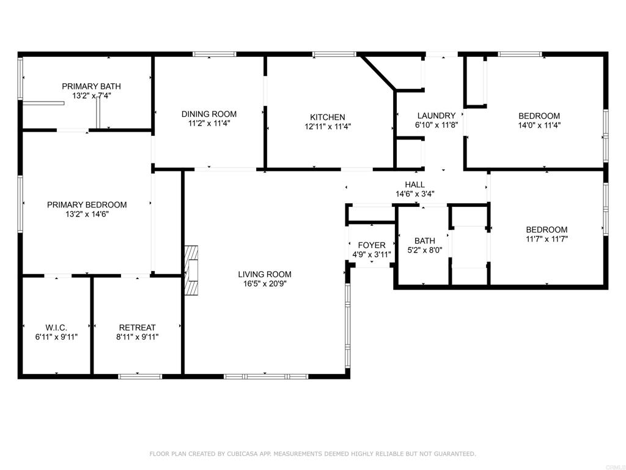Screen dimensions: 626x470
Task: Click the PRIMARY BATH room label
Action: coord(91,86)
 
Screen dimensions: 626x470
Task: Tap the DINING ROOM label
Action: coord(209,114)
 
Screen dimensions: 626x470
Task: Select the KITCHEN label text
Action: coord(328,117)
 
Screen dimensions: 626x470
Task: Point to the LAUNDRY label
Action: coord(436,116)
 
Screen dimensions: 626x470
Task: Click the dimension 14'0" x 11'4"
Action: coord(539,125)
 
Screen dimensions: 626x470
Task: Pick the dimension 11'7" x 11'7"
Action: coord(547,239)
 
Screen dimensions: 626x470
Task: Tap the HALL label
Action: coord(415,185)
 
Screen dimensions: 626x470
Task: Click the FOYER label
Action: coord(372,245)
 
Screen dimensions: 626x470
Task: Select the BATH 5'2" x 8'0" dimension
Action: coord(425,250)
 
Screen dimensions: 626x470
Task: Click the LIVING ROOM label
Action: coord(265,274)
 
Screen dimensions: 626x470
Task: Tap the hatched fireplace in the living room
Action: coord(191,270)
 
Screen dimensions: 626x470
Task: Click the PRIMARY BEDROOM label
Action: coord(87,204)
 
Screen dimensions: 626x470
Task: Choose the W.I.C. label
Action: coord(56,327)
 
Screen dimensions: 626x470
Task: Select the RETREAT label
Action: coord(138,327)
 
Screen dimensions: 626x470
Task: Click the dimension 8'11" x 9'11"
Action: coord(138,337)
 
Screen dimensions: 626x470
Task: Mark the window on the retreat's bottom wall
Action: coord(140,376)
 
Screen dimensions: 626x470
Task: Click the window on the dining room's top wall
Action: coord(215,54)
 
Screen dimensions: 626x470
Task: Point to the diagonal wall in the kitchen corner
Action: coord(378,73)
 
